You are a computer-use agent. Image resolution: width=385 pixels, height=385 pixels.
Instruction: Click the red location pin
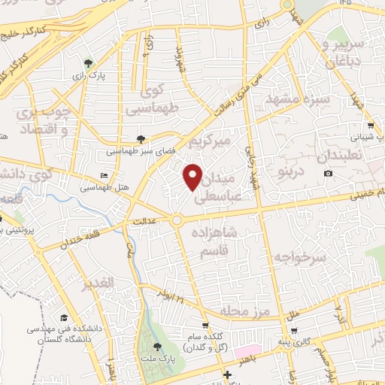(x=194, y=176)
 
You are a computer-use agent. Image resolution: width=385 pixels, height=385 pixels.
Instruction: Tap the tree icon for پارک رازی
(x=89, y=62)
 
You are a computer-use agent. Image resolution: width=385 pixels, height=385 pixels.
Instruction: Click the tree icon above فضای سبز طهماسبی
(x=141, y=138)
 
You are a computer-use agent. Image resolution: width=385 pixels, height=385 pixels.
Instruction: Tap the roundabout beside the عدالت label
(x=177, y=220)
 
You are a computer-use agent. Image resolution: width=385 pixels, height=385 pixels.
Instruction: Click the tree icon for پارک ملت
(x=156, y=347)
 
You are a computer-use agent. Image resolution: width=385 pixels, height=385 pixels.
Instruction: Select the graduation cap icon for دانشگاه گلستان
(x=64, y=317)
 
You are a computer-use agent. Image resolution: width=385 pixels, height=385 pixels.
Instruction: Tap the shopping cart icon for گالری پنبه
(x=294, y=330)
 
